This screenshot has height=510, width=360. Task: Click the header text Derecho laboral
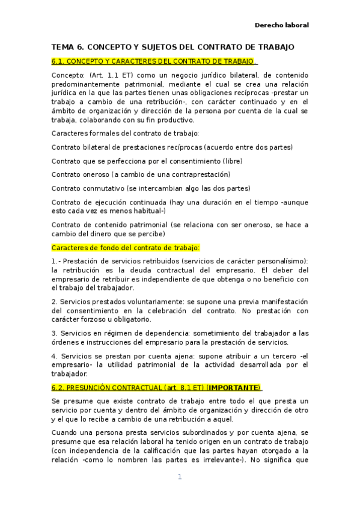tap(282, 25)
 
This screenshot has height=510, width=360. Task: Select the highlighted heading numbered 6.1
tap(154, 61)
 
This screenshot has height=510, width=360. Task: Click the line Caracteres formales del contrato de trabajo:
tap(125, 132)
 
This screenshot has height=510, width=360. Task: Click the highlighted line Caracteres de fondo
tap(126, 247)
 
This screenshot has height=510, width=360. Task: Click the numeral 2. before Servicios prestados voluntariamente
tap(54, 301)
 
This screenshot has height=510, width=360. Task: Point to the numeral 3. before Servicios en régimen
tap(54, 333)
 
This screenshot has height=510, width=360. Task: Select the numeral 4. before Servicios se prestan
tap(54, 355)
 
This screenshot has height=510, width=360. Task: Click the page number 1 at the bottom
tap(179, 477)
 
